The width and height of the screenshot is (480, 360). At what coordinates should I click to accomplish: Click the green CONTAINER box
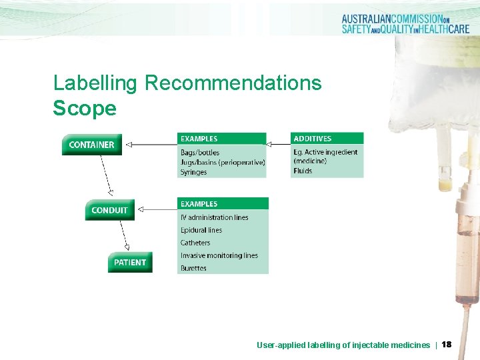pyautogui.click(x=91, y=145)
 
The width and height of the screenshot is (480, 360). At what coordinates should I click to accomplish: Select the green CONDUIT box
pyautogui.click(x=109, y=210)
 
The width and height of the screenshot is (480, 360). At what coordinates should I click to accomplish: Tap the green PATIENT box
pyautogui.click(x=129, y=262)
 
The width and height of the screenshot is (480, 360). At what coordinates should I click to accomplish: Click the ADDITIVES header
pyautogui.click(x=312, y=139)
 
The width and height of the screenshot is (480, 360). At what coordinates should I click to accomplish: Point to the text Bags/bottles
pyautogui.click(x=199, y=153)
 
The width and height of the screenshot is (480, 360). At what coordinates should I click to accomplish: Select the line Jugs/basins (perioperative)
pyautogui.click(x=222, y=162)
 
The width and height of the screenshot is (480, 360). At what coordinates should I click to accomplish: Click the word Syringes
pyautogui.click(x=193, y=172)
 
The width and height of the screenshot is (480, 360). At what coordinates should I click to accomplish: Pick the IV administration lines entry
pyautogui.click(x=214, y=217)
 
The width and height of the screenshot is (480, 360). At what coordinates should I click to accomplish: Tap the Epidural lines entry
pyautogui.click(x=201, y=230)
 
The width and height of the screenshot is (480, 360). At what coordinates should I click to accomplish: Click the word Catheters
pyautogui.click(x=195, y=243)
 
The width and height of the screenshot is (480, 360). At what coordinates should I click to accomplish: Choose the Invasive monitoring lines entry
pyautogui.click(x=219, y=255)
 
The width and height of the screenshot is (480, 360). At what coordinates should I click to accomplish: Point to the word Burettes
pyautogui.click(x=193, y=268)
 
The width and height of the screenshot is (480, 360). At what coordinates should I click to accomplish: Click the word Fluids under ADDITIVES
pyautogui.click(x=302, y=171)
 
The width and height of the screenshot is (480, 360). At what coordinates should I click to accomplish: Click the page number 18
pyautogui.click(x=447, y=345)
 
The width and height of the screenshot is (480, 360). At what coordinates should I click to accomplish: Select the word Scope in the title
pyautogui.click(x=85, y=108)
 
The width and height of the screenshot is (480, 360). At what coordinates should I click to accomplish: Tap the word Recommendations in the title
pyautogui.click(x=233, y=83)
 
